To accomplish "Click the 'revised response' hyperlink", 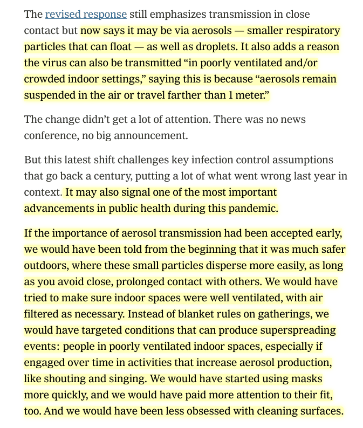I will pos(86,15).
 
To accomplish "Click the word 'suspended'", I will pos(52,95).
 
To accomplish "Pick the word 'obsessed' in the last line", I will pos(190,411).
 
